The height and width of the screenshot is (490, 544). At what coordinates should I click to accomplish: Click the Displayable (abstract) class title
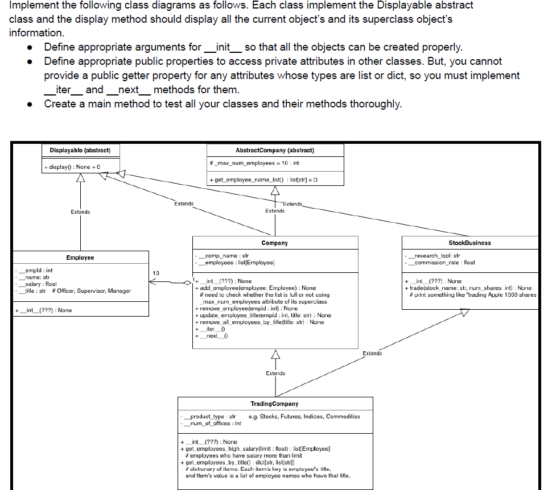click(80, 150)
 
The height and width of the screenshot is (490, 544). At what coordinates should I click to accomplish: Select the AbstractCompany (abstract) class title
click(275, 150)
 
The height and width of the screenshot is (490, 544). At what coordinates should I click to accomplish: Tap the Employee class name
click(80, 258)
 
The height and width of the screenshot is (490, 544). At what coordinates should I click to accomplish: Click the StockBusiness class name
click(469, 243)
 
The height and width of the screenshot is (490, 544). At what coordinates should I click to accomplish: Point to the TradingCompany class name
click(274, 404)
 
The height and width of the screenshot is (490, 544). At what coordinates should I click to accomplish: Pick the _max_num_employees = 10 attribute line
click(255, 163)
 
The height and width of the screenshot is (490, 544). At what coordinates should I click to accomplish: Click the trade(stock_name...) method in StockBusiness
click(469, 288)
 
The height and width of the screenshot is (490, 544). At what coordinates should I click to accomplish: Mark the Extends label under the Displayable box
click(80, 212)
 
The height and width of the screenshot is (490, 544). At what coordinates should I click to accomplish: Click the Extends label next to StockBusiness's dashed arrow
click(372, 353)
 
